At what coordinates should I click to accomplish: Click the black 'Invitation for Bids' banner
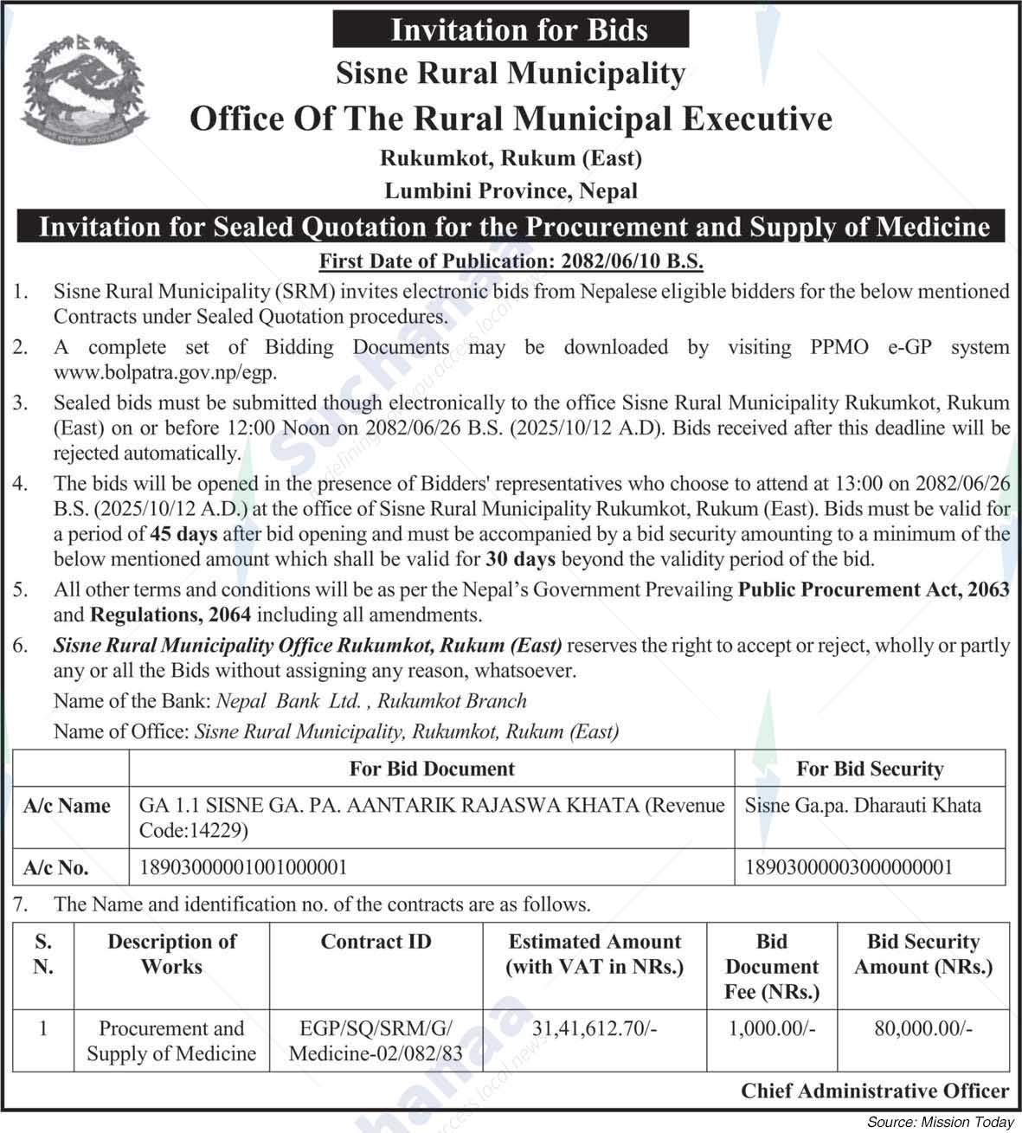click(x=511, y=29)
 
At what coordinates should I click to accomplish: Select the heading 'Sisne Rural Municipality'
click(x=511, y=74)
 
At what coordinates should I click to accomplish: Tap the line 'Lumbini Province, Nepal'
click(x=511, y=190)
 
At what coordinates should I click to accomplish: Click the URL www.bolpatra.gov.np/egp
click(x=165, y=373)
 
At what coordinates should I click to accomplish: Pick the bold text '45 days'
click(x=183, y=534)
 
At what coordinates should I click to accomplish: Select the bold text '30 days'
click(x=520, y=559)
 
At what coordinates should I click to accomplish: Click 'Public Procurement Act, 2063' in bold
click(x=873, y=590)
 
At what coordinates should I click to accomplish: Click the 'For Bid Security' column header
click(x=870, y=769)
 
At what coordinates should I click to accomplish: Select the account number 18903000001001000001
click(x=244, y=867)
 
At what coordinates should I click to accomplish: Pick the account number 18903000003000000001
click(x=849, y=867)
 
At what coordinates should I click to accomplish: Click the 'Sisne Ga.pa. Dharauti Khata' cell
click(x=863, y=806)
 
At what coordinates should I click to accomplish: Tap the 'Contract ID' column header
click(x=376, y=942)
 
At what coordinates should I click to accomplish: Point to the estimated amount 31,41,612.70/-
click(x=595, y=1028)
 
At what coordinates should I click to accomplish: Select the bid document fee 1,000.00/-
click(x=771, y=1028)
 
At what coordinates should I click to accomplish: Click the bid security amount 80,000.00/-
click(x=922, y=1028)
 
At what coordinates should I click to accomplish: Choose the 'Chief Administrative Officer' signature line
click(x=874, y=1091)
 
